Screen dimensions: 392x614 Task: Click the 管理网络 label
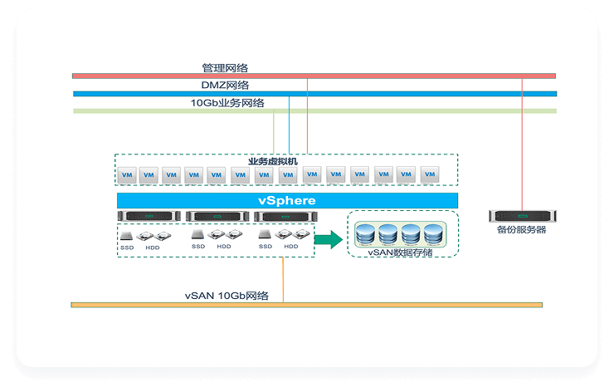pyautogui.click(x=225, y=67)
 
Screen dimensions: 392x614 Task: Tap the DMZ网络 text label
pyautogui.click(x=225, y=85)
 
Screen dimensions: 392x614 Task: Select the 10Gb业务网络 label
pyautogui.click(x=227, y=103)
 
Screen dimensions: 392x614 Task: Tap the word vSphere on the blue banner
pyautogui.click(x=287, y=201)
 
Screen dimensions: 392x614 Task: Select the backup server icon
pyautogui.click(x=522, y=216)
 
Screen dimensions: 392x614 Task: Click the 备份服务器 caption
pyautogui.click(x=522, y=230)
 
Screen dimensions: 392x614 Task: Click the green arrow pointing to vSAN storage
pyautogui.click(x=329, y=240)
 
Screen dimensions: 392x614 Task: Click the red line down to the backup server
pyautogui.click(x=523, y=141)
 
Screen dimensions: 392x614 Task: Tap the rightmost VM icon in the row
pyautogui.click(x=429, y=175)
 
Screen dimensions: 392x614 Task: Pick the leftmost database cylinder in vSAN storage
pyautogui.click(x=365, y=234)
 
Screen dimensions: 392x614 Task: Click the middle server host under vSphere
pyautogui.click(x=217, y=217)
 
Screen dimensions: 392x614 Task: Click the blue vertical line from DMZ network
pyautogui.click(x=289, y=125)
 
